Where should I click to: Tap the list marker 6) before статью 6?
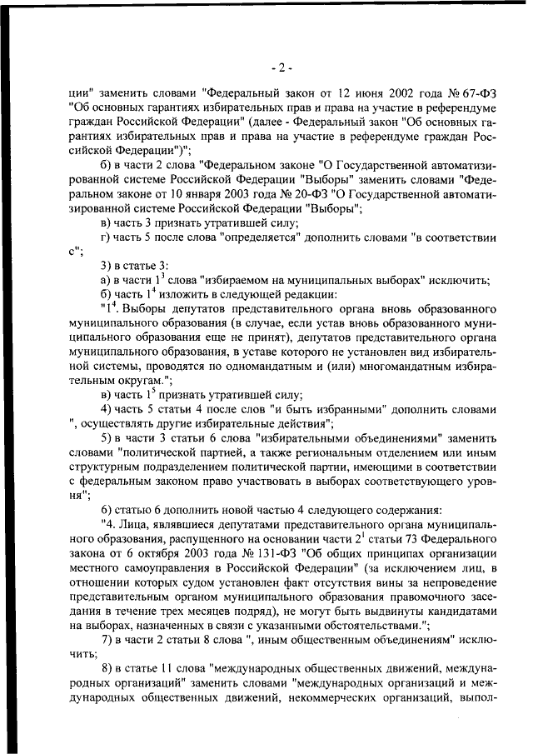click(x=106, y=510)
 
